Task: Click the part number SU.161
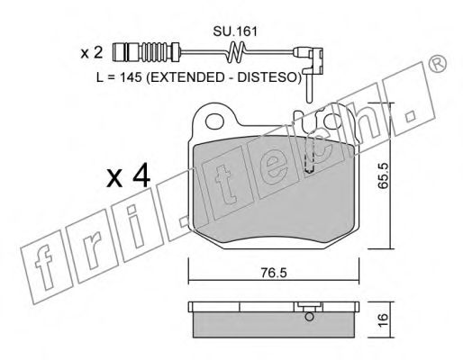[x=235, y=31]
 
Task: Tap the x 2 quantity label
[x=92, y=53]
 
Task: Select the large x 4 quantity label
[x=128, y=175]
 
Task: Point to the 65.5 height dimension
[x=384, y=175]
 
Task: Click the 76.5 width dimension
[x=274, y=273]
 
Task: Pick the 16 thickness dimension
[x=384, y=320]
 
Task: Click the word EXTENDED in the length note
[x=186, y=77]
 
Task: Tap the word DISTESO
[x=267, y=77]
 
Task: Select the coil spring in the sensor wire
[x=235, y=52]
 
